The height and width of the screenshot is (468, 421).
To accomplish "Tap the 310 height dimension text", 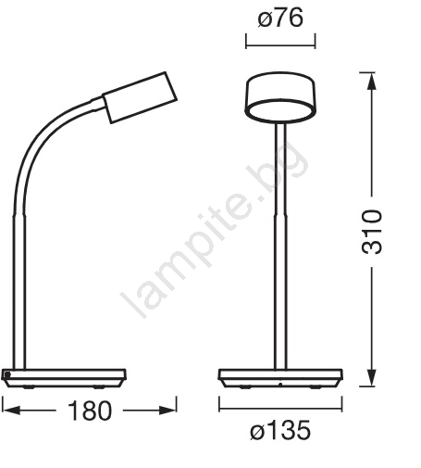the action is [371, 232].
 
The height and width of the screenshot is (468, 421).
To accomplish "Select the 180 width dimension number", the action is [90, 411].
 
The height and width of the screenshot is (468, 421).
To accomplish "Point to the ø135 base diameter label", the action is [280, 430].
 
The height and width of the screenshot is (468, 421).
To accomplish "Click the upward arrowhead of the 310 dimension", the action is [372, 82].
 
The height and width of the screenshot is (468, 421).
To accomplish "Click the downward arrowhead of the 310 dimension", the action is [372, 377].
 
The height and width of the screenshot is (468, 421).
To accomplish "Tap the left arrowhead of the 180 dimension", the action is [11, 411].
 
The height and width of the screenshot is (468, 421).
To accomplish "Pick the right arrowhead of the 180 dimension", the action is [167, 411].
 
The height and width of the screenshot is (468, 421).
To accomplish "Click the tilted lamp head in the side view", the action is [140, 97].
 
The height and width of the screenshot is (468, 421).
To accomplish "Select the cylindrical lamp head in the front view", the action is [280, 96].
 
